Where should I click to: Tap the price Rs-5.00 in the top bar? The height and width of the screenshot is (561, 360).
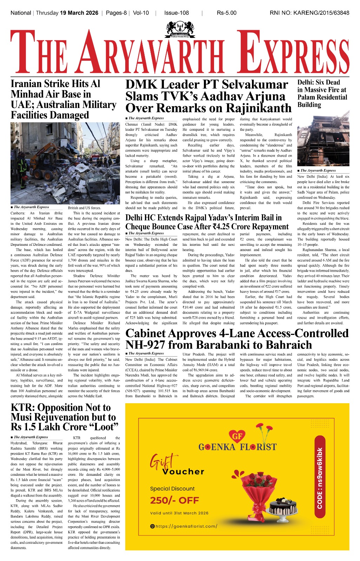tap(226, 13)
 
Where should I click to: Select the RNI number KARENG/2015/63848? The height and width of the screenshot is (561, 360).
tap(323, 13)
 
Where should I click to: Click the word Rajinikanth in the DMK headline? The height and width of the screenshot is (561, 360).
tap(256, 108)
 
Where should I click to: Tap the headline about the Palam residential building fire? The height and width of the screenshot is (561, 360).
tap(322, 93)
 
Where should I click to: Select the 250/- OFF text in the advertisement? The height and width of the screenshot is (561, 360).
tap(174, 500)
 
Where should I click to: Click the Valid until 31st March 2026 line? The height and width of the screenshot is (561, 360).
tap(179, 513)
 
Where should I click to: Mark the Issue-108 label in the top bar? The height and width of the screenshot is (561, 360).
tap(176, 13)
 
